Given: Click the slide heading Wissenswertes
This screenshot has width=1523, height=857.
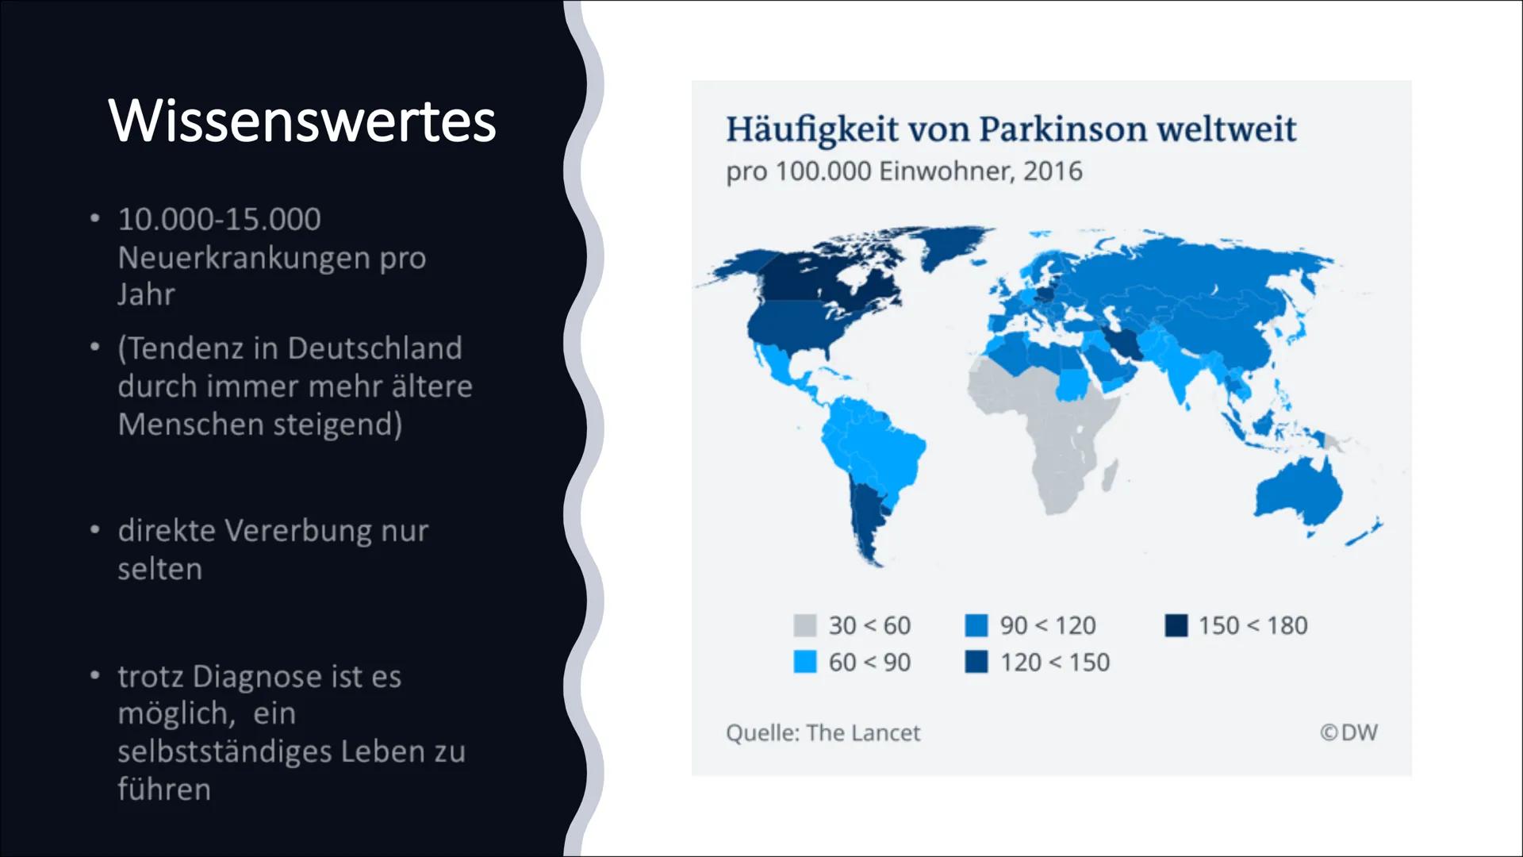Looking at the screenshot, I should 301,121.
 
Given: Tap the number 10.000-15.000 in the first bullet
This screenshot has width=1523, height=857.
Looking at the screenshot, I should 219,219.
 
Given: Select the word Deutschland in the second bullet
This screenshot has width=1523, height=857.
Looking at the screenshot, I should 374,348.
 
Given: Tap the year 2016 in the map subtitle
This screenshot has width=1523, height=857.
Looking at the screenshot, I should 1053,171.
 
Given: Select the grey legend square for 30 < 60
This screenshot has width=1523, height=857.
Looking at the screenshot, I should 804,625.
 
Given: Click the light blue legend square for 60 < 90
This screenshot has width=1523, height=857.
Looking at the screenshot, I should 804,662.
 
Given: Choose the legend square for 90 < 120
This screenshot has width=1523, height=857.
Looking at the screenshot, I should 976,625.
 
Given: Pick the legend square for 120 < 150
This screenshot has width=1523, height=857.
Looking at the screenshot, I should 976,662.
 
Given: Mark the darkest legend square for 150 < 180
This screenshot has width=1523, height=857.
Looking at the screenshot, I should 1176,625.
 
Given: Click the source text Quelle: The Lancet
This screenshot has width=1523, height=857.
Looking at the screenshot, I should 823,732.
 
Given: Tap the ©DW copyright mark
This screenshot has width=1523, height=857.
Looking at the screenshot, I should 1348,732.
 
